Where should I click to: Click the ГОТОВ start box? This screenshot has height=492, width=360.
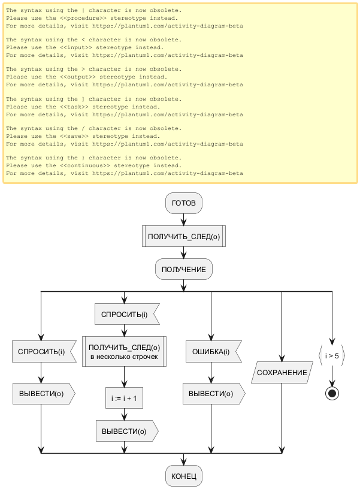184,204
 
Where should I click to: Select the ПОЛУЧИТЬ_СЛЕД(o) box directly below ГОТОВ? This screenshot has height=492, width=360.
183,237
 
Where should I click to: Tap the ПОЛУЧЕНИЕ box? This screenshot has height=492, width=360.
183,270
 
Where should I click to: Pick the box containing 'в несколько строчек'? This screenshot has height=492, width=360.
124,352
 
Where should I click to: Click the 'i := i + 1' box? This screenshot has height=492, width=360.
124,397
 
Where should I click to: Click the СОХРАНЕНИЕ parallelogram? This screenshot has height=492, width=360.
282,373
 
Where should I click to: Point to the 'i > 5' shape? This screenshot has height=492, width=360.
331,356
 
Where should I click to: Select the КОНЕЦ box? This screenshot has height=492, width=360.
184,476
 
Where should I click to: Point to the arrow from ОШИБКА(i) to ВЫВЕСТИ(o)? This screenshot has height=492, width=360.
211,373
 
